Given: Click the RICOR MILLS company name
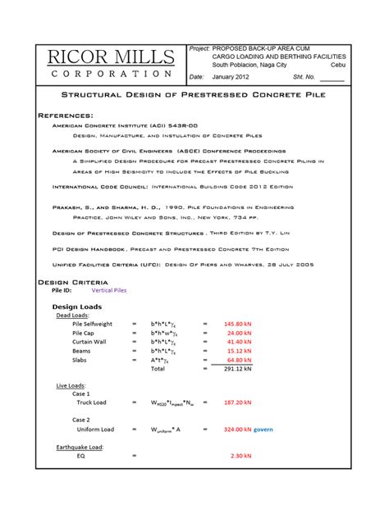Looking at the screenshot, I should point(110,57).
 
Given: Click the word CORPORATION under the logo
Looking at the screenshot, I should point(110,74).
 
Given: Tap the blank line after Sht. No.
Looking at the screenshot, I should point(332,78).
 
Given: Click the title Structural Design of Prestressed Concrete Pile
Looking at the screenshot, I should point(194,95).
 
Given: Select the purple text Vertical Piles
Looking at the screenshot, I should point(114,290).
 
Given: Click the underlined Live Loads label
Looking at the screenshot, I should point(72,384).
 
